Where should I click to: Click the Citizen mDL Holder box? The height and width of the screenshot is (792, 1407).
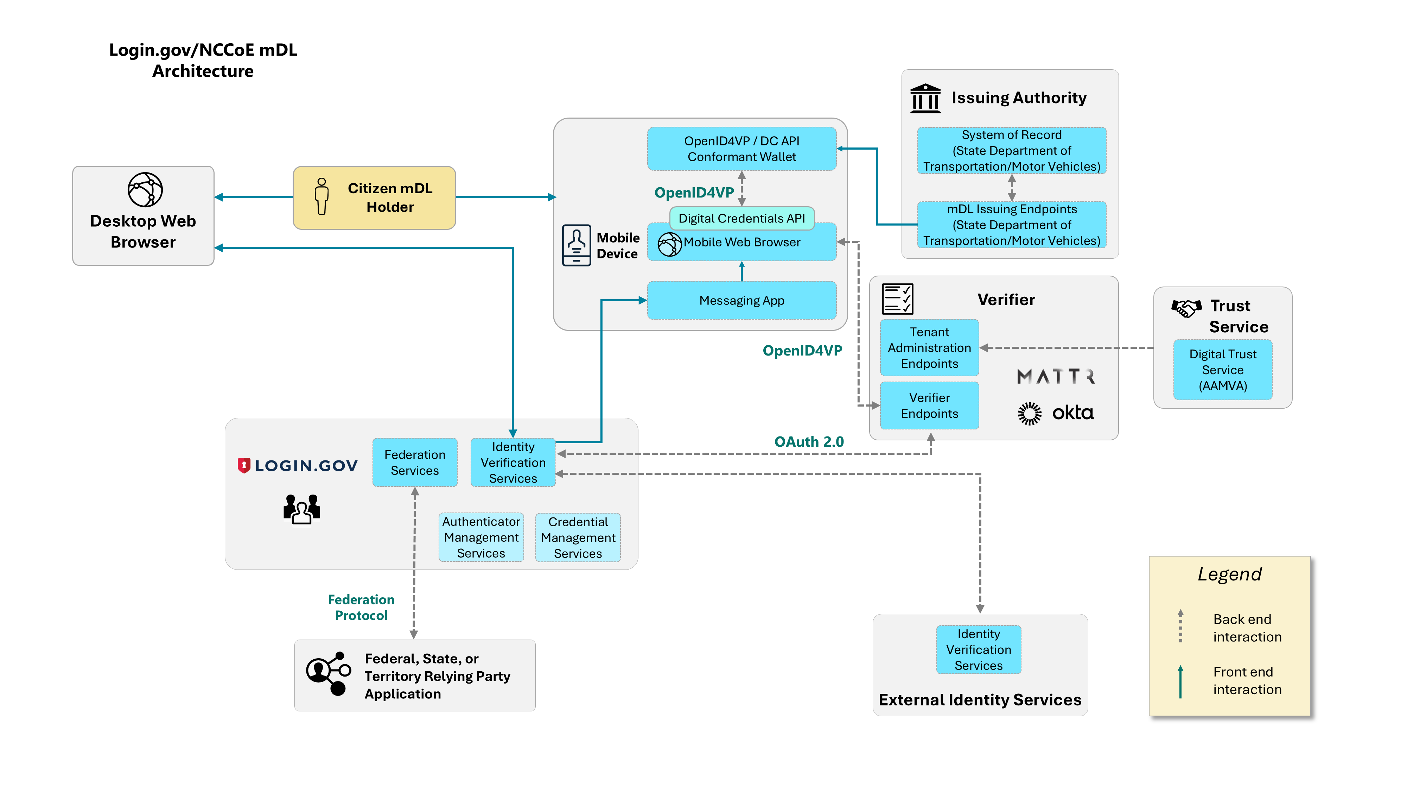click(374, 197)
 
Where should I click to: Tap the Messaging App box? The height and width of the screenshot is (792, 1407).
click(741, 300)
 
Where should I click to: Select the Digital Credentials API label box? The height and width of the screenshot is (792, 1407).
click(741, 218)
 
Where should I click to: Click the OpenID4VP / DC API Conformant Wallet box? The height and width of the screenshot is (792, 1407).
click(741, 149)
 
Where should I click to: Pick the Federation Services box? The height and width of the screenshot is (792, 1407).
click(415, 463)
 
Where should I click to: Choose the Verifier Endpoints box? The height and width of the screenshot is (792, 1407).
click(929, 406)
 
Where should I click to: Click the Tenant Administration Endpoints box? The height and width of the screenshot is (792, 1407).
click(929, 348)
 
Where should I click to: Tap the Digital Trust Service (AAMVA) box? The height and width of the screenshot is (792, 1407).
click(1222, 370)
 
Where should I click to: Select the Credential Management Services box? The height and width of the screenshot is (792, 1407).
click(578, 537)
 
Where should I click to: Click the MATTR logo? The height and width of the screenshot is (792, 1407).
click(1055, 376)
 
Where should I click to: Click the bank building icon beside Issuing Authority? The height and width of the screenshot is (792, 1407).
click(925, 99)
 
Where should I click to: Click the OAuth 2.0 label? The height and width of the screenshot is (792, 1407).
click(809, 442)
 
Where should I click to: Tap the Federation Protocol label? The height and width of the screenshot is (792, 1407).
click(361, 607)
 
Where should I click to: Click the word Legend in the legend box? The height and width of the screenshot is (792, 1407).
click(1229, 574)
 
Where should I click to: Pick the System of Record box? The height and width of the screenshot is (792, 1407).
click(1012, 150)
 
